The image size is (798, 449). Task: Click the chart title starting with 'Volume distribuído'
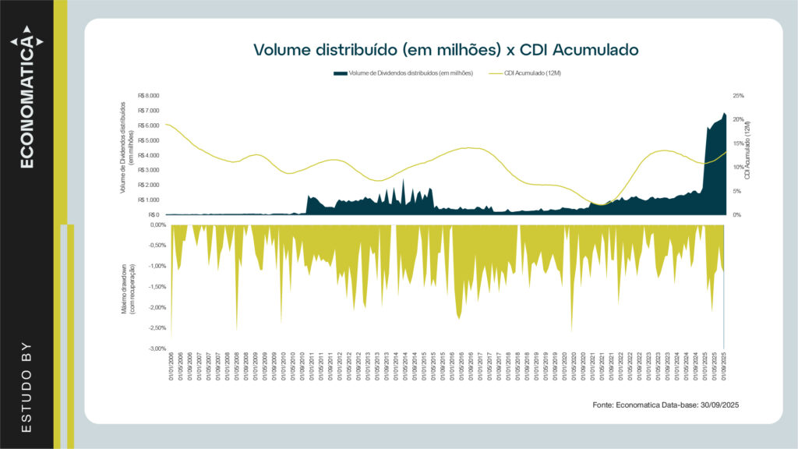[446, 50]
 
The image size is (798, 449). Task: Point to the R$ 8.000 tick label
[148, 96]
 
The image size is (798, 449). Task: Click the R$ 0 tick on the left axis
[153, 214]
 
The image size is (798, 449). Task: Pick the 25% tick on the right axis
[738, 96]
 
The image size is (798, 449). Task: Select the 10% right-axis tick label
[738, 167]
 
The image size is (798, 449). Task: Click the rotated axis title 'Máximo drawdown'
[127, 286]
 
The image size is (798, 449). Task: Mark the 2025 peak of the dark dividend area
[724, 114]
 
